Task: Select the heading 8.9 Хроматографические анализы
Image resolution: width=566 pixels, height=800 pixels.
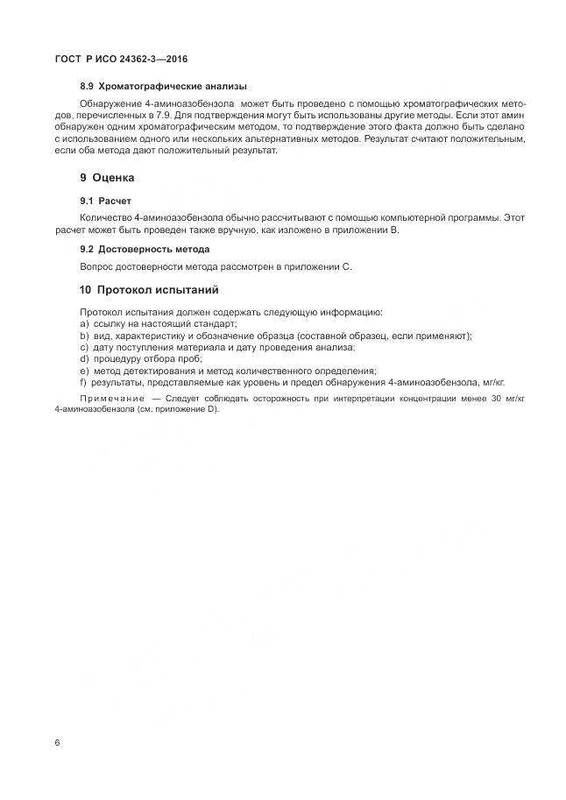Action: (163, 86)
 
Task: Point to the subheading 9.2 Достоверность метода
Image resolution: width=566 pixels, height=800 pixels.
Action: (145, 249)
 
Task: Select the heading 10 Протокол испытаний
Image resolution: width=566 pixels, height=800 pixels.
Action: (149, 290)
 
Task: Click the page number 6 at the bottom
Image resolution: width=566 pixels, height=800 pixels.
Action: (57, 742)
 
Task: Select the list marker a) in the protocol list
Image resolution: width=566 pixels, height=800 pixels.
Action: (84, 323)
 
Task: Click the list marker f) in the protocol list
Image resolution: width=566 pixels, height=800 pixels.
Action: (83, 382)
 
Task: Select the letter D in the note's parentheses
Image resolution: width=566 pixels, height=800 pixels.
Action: (210, 409)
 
